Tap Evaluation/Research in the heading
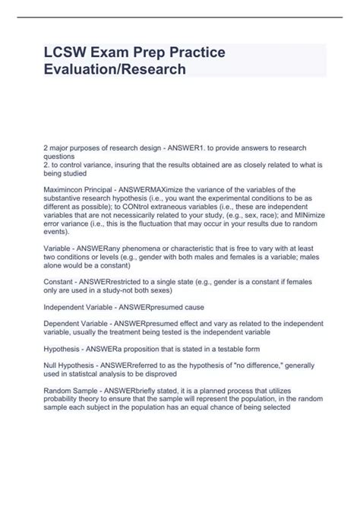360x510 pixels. (x=112, y=70)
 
